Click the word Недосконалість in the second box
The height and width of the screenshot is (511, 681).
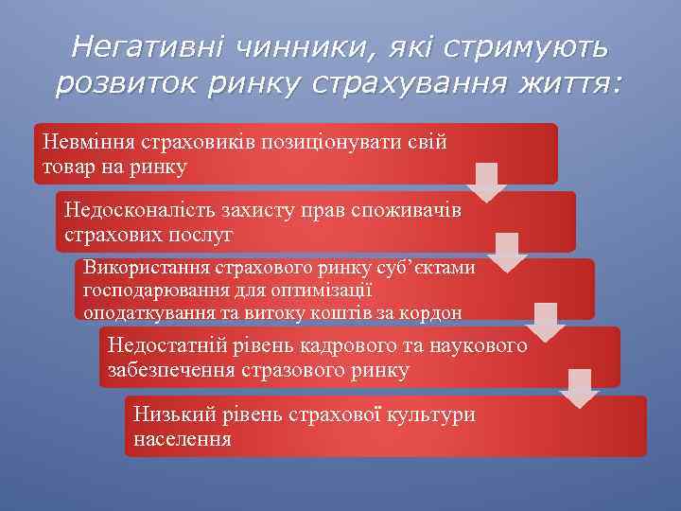pyautogui.click(x=135, y=211)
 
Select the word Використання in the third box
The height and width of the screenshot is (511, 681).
pyautogui.click(x=147, y=268)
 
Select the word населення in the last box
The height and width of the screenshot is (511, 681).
pyautogui.click(x=183, y=439)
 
